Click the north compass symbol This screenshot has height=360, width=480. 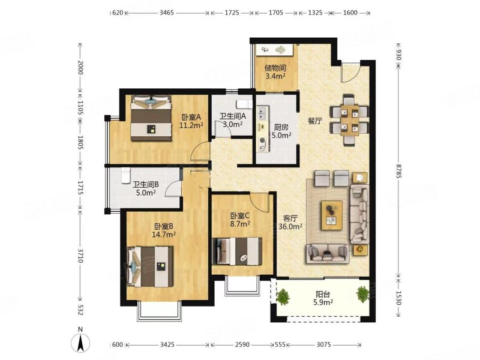pyautogui.click(x=80, y=340)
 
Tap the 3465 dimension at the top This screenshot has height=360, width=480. pyautogui.click(x=167, y=13)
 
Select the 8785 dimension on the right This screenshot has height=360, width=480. pyautogui.click(x=398, y=170)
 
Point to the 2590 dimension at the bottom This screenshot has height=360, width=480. pyautogui.click(x=242, y=344)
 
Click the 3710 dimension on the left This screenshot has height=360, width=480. pyautogui.click(x=80, y=256)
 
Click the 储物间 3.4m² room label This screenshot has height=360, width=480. pyautogui.click(x=275, y=71)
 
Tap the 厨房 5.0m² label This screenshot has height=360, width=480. pyautogui.click(x=281, y=131)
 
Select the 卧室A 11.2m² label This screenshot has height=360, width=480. pyautogui.click(x=191, y=121)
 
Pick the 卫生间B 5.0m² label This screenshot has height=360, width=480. pyautogui.click(x=146, y=188)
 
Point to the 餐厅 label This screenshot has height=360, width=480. pyautogui.click(x=314, y=121)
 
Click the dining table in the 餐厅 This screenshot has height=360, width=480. pyautogui.click(x=349, y=121)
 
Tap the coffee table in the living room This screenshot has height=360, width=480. pyautogui.click(x=332, y=215)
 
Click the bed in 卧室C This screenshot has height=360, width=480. pyautogui.click(x=237, y=251)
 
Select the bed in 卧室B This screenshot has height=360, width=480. pyautogui.click(x=150, y=266)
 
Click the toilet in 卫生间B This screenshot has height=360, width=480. pyautogui.click(x=126, y=175)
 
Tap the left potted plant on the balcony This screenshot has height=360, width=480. pyautogui.click(x=283, y=296)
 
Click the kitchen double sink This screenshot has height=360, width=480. pyautogui.click(x=263, y=113)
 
